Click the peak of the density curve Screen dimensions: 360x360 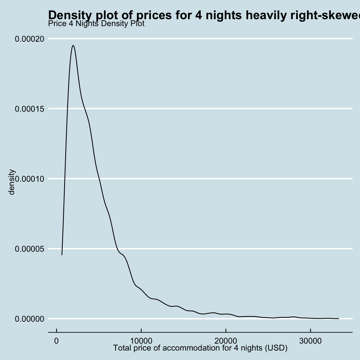[x=73, y=46]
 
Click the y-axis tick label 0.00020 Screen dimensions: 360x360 [x=29, y=39]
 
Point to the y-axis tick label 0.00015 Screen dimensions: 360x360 [x=29, y=109]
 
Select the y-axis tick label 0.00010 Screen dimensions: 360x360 [x=29, y=179]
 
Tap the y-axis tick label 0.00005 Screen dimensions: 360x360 [x=29, y=249]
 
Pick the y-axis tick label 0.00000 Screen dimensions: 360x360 [x=29, y=319]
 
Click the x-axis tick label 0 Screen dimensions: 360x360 [x=57, y=341]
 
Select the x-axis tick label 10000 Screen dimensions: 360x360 [x=141, y=341]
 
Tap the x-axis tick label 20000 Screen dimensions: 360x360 [x=226, y=341]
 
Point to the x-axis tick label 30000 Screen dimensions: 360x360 [x=310, y=341]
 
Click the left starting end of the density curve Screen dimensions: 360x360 [x=62, y=254]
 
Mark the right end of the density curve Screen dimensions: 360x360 [x=339, y=319]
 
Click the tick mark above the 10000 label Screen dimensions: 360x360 [x=141, y=334]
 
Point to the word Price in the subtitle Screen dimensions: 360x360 [x=56, y=24]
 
